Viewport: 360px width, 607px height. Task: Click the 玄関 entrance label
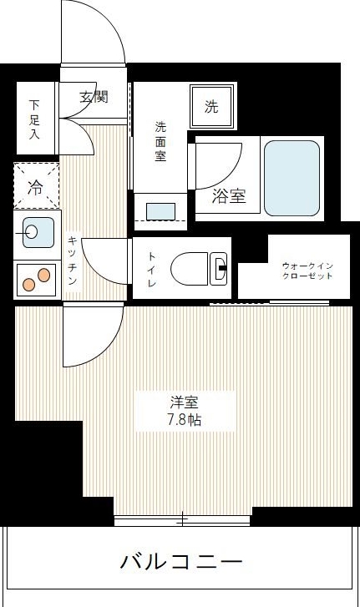pyautogui.click(x=93, y=98)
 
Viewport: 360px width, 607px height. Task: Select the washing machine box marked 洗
pyautogui.click(x=211, y=106)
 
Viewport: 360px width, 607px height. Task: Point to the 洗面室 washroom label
pyautogui.click(x=161, y=142)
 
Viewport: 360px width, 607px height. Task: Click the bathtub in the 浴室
pyautogui.click(x=292, y=177)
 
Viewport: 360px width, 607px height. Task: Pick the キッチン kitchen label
pyautogui.click(x=72, y=261)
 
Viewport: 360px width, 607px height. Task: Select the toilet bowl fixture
pyautogui.click(x=199, y=268)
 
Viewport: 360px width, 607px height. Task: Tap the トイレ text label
pyautogui.click(x=152, y=269)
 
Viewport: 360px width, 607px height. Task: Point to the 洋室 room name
pyautogui.click(x=183, y=402)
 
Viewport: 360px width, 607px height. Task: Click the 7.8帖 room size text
pyautogui.click(x=183, y=420)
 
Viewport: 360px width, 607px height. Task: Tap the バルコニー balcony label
pyautogui.click(x=181, y=560)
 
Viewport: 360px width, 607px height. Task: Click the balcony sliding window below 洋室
pyautogui.click(x=182, y=521)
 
